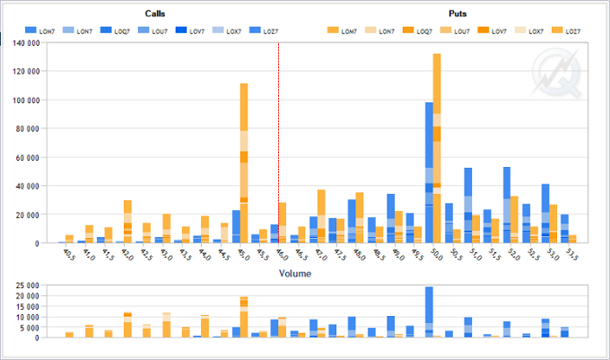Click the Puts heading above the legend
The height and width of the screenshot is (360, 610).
pyautogui.click(x=457, y=14)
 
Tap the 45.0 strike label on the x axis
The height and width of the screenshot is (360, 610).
pyautogui.click(x=241, y=255)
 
